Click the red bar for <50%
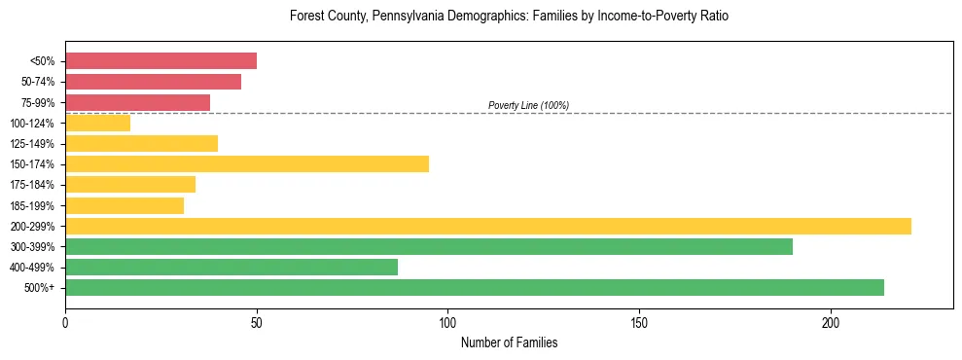click(x=160, y=61)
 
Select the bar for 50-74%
click(x=153, y=82)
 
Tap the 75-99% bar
click(x=137, y=102)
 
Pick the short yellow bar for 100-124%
click(x=97, y=123)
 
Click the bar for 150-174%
click(x=247, y=163)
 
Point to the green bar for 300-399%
click(x=429, y=246)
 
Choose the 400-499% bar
click(x=232, y=267)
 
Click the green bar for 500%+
click(x=475, y=287)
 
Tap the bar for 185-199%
click(x=125, y=205)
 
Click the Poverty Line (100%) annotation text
click(x=528, y=105)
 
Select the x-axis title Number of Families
click(x=509, y=343)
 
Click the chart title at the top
click(x=509, y=17)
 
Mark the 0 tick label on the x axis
click(x=65, y=322)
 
